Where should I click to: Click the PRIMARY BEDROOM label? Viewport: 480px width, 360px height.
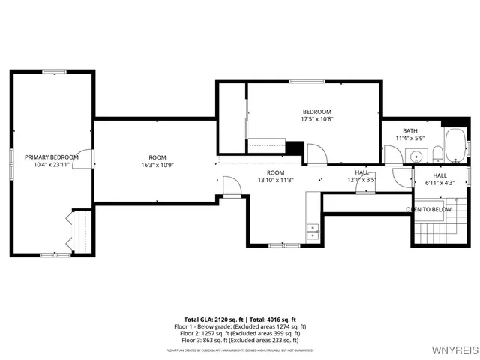coord(51,157)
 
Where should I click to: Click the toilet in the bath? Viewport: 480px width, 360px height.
coord(436,155)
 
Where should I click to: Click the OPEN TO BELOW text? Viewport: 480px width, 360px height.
coord(428,209)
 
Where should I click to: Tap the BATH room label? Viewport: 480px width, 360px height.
coord(409,130)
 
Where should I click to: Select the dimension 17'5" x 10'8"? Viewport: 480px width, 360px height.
coord(316,119)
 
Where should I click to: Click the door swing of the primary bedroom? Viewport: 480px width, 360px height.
coord(88,159)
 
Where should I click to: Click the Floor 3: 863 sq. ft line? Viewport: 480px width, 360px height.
coord(241,340)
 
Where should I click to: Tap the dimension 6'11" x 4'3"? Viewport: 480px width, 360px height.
coord(439,183)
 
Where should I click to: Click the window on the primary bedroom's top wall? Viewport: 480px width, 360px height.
coord(54,72)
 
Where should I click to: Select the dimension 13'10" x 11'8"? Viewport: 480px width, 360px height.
coord(276,180)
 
